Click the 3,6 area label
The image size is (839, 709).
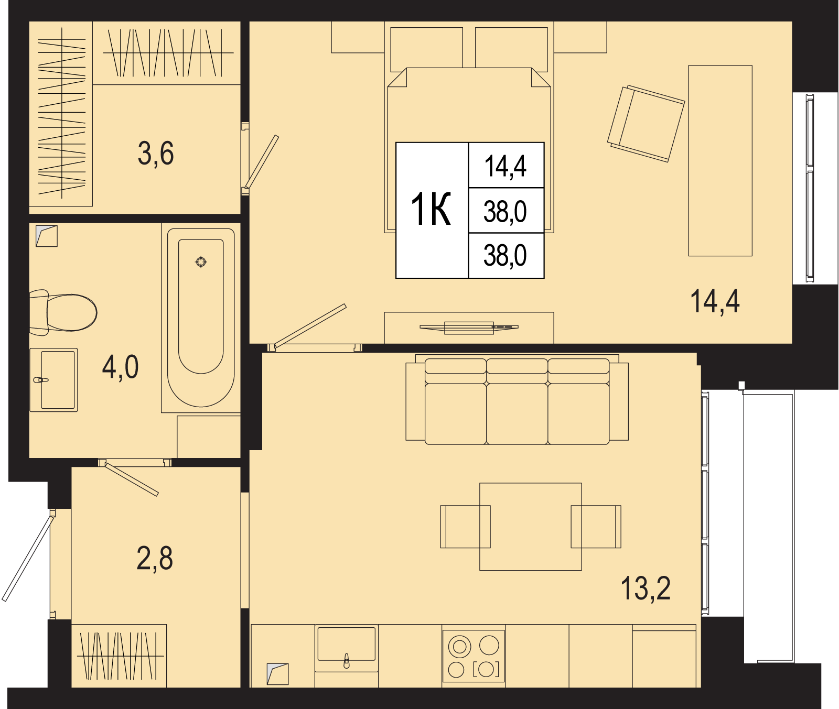pyautogui.click(x=156, y=154)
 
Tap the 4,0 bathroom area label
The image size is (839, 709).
pyautogui.click(x=121, y=366)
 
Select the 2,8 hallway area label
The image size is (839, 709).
pyautogui.click(x=155, y=558)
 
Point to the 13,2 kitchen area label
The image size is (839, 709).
pyautogui.click(x=646, y=588)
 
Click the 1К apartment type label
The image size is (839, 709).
pyautogui.click(x=431, y=210)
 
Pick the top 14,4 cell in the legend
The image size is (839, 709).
pyautogui.click(x=506, y=166)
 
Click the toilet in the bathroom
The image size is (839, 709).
pyautogui.click(x=63, y=313)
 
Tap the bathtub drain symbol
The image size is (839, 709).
pyautogui.click(x=201, y=261)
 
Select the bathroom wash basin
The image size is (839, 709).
pyautogui.click(x=53, y=380)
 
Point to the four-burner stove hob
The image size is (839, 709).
pyautogui.click(x=474, y=656)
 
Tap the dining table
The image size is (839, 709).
pyautogui.click(x=531, y=527)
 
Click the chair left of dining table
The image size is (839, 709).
pyautogui.click(x=465, y=527)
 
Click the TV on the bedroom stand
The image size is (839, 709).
pyautogui.click(x=469, y=328)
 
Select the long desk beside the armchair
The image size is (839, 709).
pyautogui.click(x=720, y=161)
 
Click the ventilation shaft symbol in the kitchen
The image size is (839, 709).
pyautogui.click(x=277, y=674)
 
